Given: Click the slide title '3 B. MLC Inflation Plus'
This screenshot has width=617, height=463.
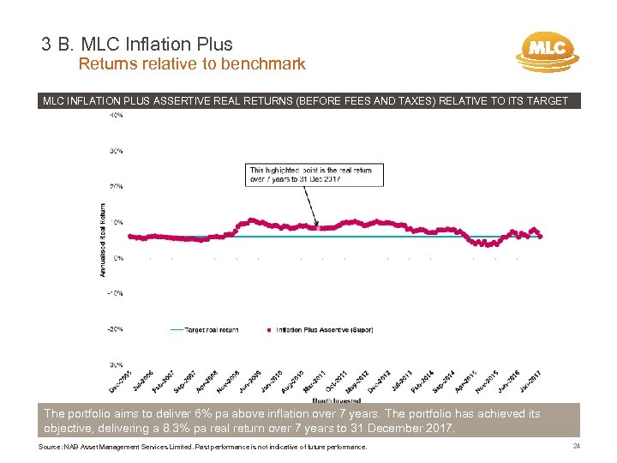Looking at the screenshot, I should point(136,44).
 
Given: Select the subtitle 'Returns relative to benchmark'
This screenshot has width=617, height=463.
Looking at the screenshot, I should point(192,63).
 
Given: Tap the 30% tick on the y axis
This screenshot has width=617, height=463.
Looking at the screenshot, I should point(116,150).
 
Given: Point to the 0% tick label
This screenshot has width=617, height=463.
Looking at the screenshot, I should point(118,257).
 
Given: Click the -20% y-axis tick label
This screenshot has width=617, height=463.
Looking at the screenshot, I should point(115,328).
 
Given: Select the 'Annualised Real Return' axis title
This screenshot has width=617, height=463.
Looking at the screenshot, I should point(103,239).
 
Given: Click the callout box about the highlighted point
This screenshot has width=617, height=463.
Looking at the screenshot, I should point(313,175).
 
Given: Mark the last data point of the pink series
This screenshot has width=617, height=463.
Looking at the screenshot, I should point(540,236).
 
